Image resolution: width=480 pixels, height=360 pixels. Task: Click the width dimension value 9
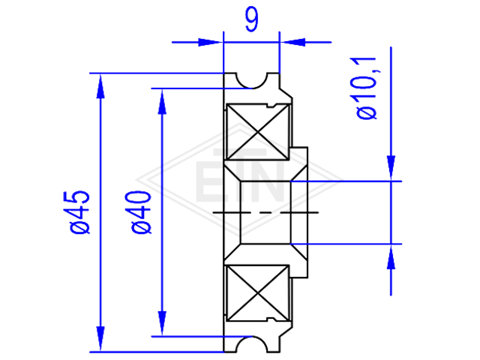[x=252, y=19]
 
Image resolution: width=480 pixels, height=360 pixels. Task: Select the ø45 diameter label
[x=80, y=212]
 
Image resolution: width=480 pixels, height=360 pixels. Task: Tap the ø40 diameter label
[x=141, y=212]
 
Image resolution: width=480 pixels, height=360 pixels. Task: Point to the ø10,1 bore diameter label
[x=367, y=88]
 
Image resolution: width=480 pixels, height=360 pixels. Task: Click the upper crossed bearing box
[x=258, y=132]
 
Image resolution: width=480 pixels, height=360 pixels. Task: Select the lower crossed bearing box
[x=258, y=293]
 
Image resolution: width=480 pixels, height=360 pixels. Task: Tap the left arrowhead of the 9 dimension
[x=210, y=42]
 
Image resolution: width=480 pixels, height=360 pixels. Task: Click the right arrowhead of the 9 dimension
[x=292, y=42]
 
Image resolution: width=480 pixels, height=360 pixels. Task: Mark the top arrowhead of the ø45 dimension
[x=100, y=86]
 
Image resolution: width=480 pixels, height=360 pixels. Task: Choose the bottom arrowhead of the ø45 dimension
[x=100, y=339]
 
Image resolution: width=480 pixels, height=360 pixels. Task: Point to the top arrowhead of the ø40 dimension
[x=162, y=102]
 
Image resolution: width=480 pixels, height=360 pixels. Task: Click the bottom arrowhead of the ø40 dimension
[x=162, y=323]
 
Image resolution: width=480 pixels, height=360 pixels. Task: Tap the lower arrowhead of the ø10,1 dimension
[x=391, y=257]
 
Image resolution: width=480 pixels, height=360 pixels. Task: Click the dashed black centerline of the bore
[x=265, y=212]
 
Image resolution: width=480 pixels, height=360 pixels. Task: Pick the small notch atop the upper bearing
[x=271, y=106]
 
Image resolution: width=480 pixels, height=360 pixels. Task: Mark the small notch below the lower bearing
[x=271, y=320]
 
